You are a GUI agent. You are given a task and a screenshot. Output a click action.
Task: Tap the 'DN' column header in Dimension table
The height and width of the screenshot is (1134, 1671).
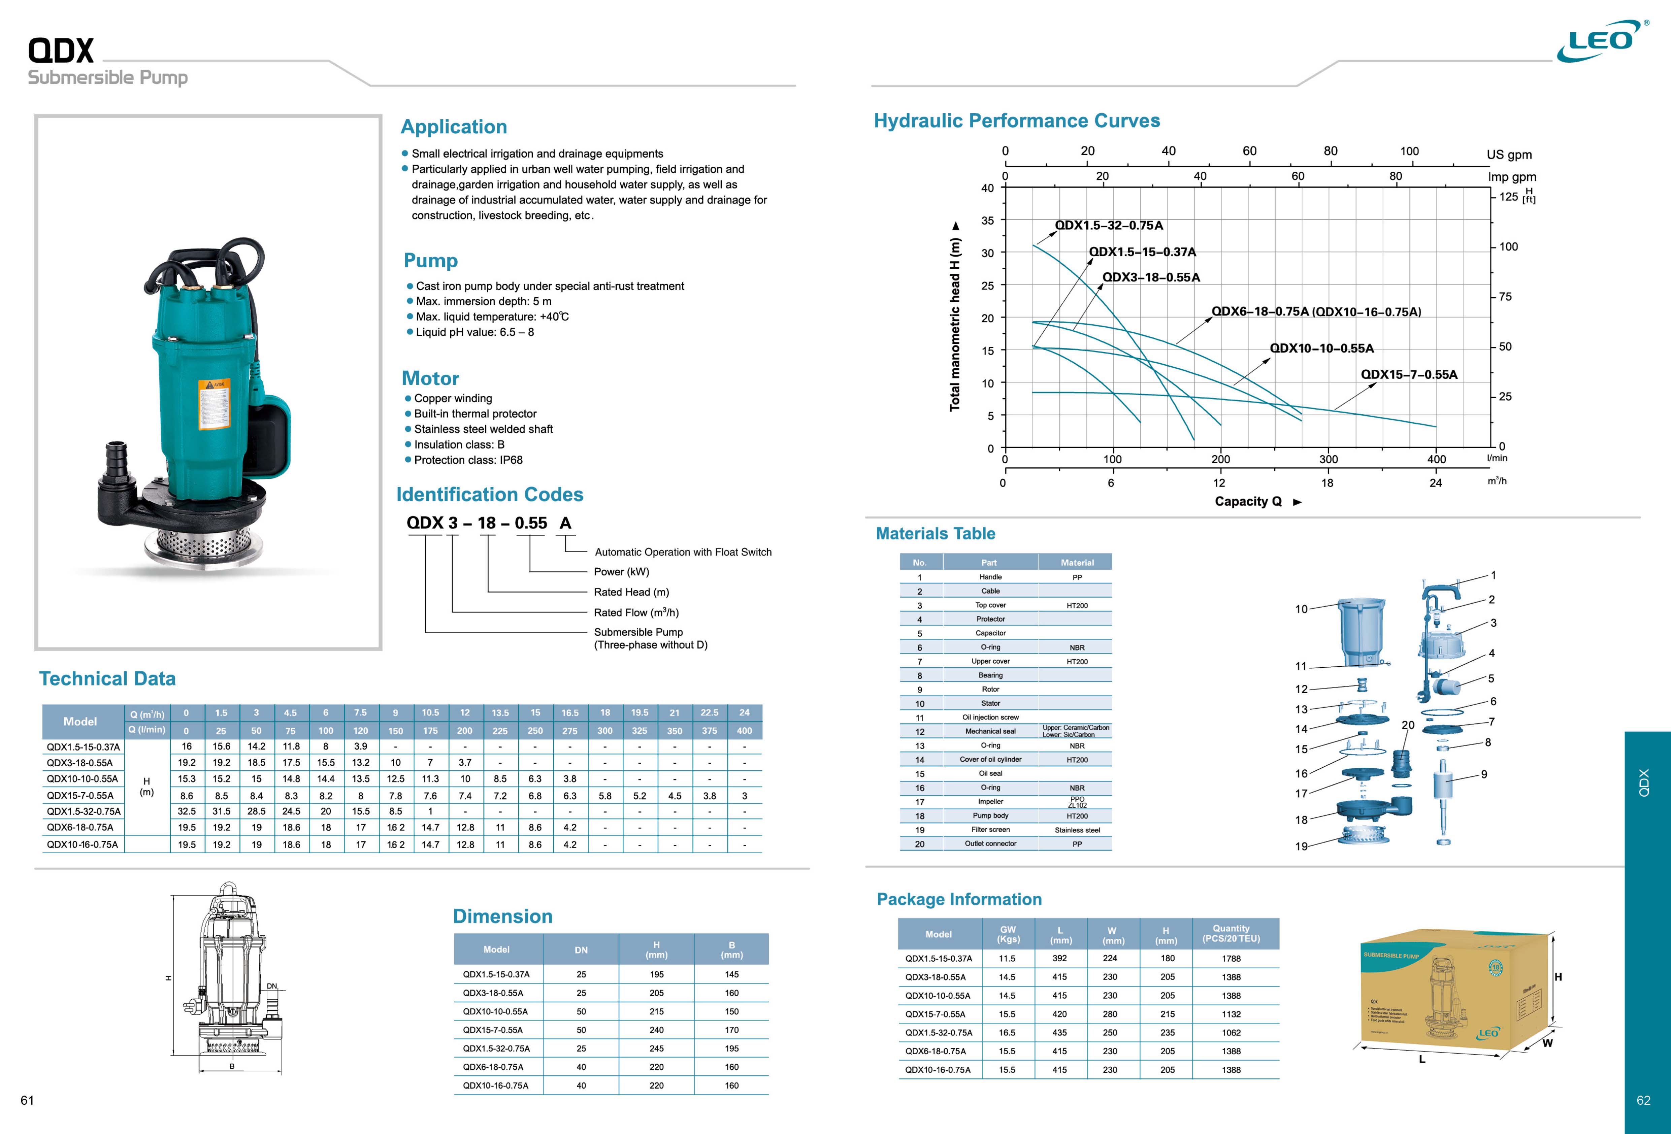[x=581, y=950]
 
